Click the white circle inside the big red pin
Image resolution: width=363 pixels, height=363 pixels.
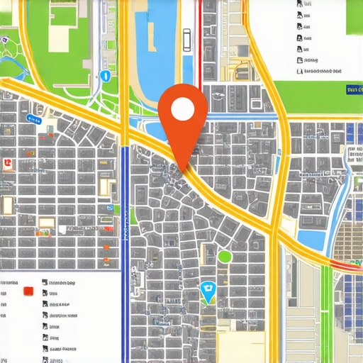click(x=182, y=109)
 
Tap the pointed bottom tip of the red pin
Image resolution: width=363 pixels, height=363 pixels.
click(x=184, y=170)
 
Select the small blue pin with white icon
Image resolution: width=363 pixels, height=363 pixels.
click(x=208, y=291)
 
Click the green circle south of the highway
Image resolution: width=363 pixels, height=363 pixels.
click(x=225, y=257)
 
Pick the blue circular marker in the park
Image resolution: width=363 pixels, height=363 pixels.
click(x=105, y=75)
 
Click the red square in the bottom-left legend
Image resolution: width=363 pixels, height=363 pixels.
click(x=28, y=291)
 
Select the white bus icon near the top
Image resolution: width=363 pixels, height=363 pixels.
click(x=186, y=40)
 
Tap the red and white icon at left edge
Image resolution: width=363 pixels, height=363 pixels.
click(x=7, y=164)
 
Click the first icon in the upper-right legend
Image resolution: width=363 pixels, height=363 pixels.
click(x=300, y=4)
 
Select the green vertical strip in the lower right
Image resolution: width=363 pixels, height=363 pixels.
click(x=326, y=312)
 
